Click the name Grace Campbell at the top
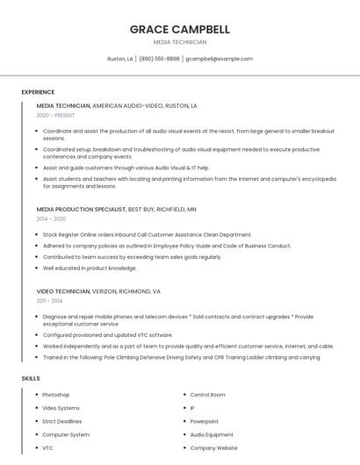pyautogui.click(x=179, y=29)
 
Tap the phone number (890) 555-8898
pyautogui.click(x=159, y=59)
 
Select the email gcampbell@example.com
pyautogui.click(x=219, y=59)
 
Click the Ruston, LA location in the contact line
pyautogui.click(x=120, y=59)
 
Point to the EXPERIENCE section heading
pyautogui.click(x=38, y=92)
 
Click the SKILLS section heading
pyautogui.click(x=31, y=378)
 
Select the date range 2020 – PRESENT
pyautogui.click(x=55, y=115)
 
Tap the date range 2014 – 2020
pyautogui.click(x=51, y=219)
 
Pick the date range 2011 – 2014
pyautogui.click(x=49, y=301)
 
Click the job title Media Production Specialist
pyautogui.click(x=82, y=210)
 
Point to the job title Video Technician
pyautogui.click(x=63, y=291)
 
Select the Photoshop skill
pyautogui.click(x=56, y=395)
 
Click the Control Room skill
pyautogui.click(x=208, y=395)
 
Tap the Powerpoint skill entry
pyautogui.click(x=205, y=421)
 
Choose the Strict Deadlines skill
pyautogui.click(x=61, y=421)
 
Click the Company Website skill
pyautogui.click(x=213, y=447)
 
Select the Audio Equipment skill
pyautogui.click(x=212, y=434)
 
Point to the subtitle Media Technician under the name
pyautogui.click(x=179, y=42)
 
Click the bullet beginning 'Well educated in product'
pyautogui.click(x=90, y=268)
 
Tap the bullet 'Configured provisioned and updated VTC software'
pyautogui.click(x=107, y=334)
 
